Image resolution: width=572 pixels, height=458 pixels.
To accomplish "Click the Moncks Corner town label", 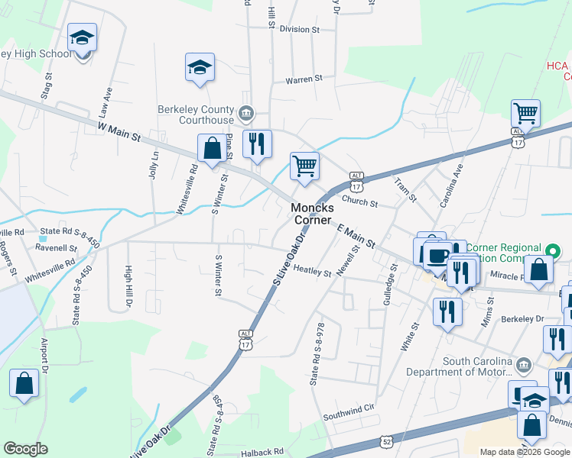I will [x=311, y=214].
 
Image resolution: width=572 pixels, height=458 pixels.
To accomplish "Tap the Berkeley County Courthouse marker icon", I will [x=246, y=114].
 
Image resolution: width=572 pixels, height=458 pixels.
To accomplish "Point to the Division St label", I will [x=299, y=29].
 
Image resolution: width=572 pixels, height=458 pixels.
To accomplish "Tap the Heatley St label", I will [x=312, y=271].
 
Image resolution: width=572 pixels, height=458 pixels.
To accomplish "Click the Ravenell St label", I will [x=57, y=248].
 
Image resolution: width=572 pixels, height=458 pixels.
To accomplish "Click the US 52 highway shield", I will [x=388, y=442].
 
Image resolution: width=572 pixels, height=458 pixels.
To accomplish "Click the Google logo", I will [x=25, y=449].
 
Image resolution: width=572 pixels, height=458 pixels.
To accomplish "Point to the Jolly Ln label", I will [x=155, y=164].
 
